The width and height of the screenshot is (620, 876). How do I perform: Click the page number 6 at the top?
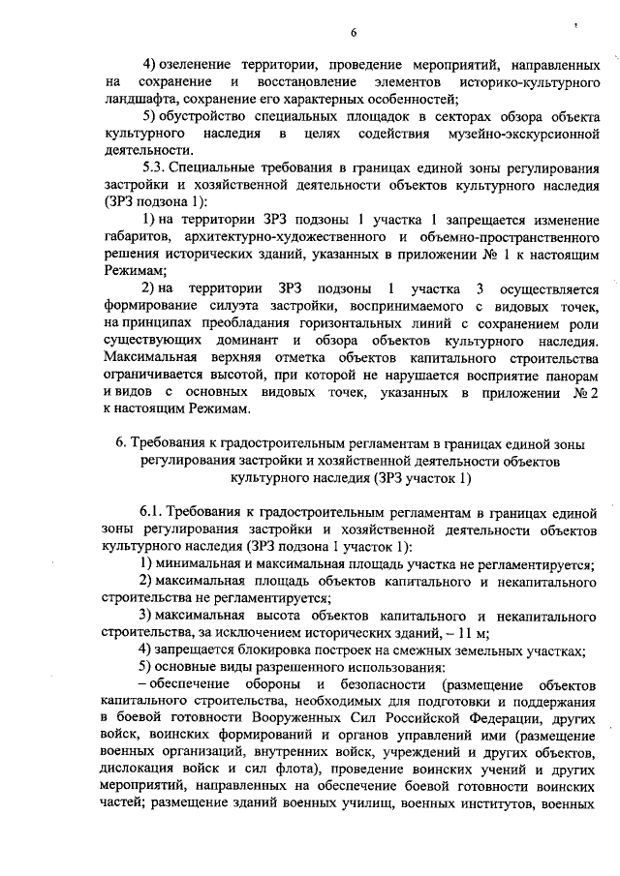(354, 32)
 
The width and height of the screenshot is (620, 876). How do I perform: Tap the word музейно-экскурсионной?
(526, 133)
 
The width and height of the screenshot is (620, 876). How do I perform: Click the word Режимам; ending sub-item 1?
(134, 272)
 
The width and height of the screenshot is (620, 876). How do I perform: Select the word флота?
(286, 772)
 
